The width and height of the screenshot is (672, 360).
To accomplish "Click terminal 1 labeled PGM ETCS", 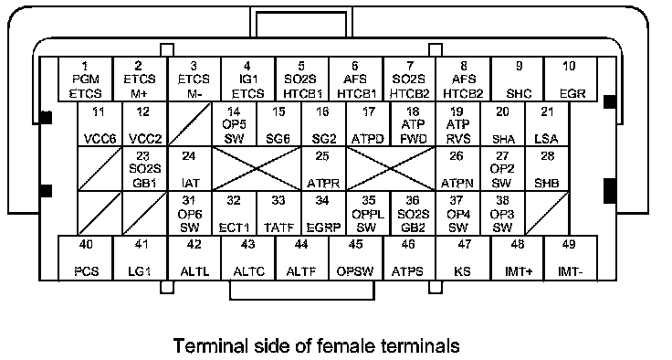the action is point(85,79).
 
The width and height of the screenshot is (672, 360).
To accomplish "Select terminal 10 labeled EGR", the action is point(571,79).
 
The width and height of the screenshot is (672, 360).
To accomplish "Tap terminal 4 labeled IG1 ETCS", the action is point(247,79).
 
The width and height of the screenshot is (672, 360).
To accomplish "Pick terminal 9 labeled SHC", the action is point(518,79).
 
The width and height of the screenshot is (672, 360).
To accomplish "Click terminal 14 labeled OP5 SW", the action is point(234,124).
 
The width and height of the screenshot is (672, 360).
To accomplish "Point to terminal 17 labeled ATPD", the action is point(368,124).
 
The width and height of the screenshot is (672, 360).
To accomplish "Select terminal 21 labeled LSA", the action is point(547,124).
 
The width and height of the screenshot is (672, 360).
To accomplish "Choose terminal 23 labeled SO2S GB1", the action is point(145,169).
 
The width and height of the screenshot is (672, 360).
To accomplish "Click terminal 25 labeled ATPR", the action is point(323,169).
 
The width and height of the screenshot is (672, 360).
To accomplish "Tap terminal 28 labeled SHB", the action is point(547,169).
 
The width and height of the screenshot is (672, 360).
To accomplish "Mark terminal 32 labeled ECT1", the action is point(234,213).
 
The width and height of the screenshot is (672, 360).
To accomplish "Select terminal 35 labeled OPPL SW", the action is point(368,213).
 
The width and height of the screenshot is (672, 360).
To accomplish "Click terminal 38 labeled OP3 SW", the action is point(502,213).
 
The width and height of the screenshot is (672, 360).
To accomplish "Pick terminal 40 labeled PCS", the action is point(85,258).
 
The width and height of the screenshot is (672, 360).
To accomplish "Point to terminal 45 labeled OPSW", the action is point(355,258).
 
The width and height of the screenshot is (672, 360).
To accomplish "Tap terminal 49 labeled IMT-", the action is point(571,258).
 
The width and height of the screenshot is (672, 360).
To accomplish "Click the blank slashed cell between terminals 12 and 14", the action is point(190,124).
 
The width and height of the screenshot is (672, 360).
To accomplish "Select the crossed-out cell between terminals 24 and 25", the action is point(257,169).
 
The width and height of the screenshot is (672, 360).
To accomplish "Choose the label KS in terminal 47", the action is point(462,271).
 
